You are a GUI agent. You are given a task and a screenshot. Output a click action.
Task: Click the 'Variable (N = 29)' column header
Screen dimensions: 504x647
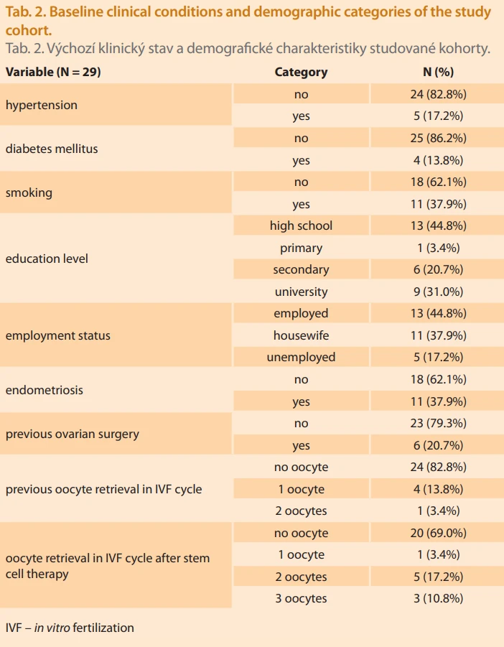tap(53, 72)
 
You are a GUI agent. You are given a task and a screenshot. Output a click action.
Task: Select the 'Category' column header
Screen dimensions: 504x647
tap(301, 72)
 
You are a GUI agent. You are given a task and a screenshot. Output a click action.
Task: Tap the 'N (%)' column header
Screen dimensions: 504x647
tap(439, 72)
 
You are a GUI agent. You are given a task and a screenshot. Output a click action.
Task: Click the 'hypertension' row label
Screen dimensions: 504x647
tap(41, 105)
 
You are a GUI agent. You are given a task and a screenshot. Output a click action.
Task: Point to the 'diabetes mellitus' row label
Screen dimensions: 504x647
tap(52, 149)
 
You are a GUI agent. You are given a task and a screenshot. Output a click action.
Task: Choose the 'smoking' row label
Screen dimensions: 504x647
tap(29, 192)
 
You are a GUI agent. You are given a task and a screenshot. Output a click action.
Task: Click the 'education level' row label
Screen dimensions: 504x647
tap(47, 259)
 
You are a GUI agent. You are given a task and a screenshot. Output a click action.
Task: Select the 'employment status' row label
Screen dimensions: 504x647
tap(57, 335)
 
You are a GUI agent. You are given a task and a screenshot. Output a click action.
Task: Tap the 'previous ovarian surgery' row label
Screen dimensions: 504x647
tap(73, 434)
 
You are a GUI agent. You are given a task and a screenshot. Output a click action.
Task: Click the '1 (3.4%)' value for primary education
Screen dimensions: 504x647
tap(439, 248)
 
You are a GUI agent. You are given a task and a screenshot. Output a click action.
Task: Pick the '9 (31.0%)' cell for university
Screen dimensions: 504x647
tap(439, 292)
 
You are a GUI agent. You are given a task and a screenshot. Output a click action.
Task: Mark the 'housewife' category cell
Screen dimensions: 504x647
tap(301, 335)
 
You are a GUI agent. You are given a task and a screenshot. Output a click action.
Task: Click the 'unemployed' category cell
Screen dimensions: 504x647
tap(301, 358)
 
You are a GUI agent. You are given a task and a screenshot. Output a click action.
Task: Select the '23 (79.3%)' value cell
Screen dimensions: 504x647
tap(439, 424)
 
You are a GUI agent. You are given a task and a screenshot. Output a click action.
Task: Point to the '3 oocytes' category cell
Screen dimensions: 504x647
tap(301, 598)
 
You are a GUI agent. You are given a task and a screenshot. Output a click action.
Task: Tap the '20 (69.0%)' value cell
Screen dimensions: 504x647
tap(439, 533)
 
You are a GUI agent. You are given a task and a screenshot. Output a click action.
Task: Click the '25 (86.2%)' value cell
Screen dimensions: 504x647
tap(439, 138)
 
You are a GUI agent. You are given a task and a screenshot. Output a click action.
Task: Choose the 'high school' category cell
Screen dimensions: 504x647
tap(301, 225)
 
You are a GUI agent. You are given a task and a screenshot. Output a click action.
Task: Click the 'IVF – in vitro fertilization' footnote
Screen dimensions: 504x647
tap(70, 628)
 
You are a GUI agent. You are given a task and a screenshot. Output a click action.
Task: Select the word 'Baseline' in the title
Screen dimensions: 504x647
tap(75, 12)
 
